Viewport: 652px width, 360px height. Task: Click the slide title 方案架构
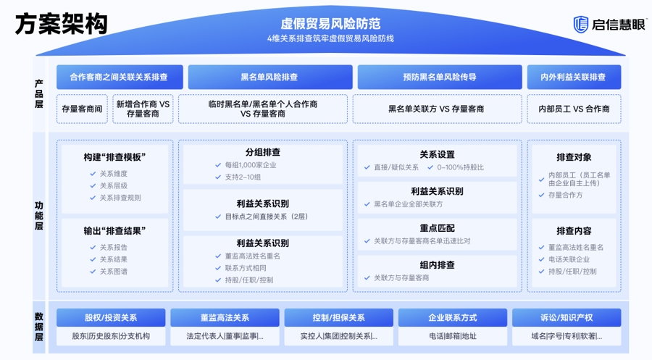[x=61, y=24]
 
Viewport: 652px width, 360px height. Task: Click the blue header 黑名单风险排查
[x=269, y=77]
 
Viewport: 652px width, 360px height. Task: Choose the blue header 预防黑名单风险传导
[x=439, y=77]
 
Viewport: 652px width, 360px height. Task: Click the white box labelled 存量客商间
[x=82, y=109]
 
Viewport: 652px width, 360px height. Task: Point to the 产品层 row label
[x=39, y=93]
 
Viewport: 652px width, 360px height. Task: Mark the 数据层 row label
[x=39, y=327]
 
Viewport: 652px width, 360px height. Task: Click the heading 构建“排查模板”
[x=115, y=157]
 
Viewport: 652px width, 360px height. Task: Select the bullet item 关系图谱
[x=113, y=272]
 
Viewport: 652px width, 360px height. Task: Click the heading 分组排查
[x=262, y=152]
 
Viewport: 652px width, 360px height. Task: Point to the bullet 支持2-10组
[x=243, y=177]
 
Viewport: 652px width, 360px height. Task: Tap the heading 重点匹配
[x=437, y=227]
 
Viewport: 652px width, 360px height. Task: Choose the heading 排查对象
[x=574, y=157]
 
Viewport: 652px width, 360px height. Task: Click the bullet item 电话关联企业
[x=568, y=259]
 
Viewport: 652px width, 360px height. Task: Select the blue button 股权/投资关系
[x=111, y=317]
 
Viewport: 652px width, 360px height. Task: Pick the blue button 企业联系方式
[x=453, y=317]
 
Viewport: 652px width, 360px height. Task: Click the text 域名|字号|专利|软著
[x=566, y=336]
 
